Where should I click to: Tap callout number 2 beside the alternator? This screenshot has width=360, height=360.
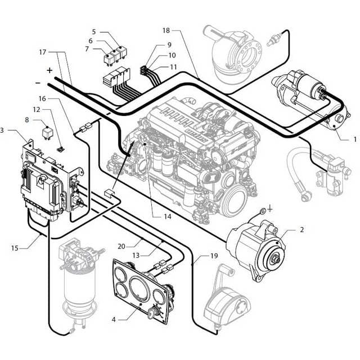click(301, 229)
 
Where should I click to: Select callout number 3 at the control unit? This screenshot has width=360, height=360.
click(3, 130)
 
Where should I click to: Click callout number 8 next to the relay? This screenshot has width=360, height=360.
click(26, 119)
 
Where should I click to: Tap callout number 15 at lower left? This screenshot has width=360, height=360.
click(15, 247)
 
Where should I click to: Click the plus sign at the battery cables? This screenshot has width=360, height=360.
click(49, 70)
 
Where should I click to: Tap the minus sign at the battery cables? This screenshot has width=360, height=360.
click(38, 83)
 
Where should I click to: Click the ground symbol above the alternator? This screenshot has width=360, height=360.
click(270, 209)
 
